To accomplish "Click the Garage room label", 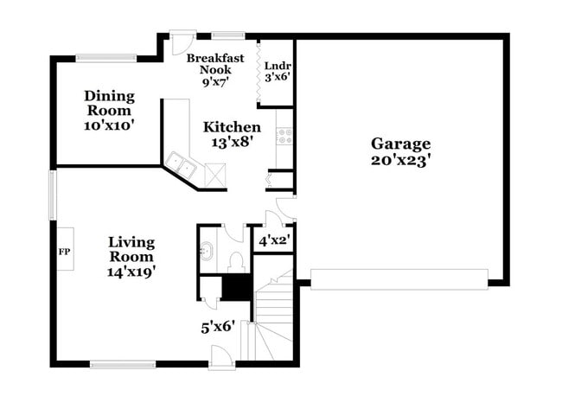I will tap(400, 144).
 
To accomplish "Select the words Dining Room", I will tap(108, 103).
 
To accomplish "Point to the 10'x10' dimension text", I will tap(108, 125).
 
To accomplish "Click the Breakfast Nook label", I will tap(216, 64).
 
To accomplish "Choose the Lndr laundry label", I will tap(277, 65).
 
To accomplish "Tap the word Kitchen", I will tap(232, 127).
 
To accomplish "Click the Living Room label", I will tap(131, 249).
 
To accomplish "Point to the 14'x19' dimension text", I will tap(131, 272).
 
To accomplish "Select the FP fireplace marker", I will tap(63, 252).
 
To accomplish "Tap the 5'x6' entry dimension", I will tap(218, 328).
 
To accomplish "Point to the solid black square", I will tap(235, 286).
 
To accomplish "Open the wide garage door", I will tap(399, 278).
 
